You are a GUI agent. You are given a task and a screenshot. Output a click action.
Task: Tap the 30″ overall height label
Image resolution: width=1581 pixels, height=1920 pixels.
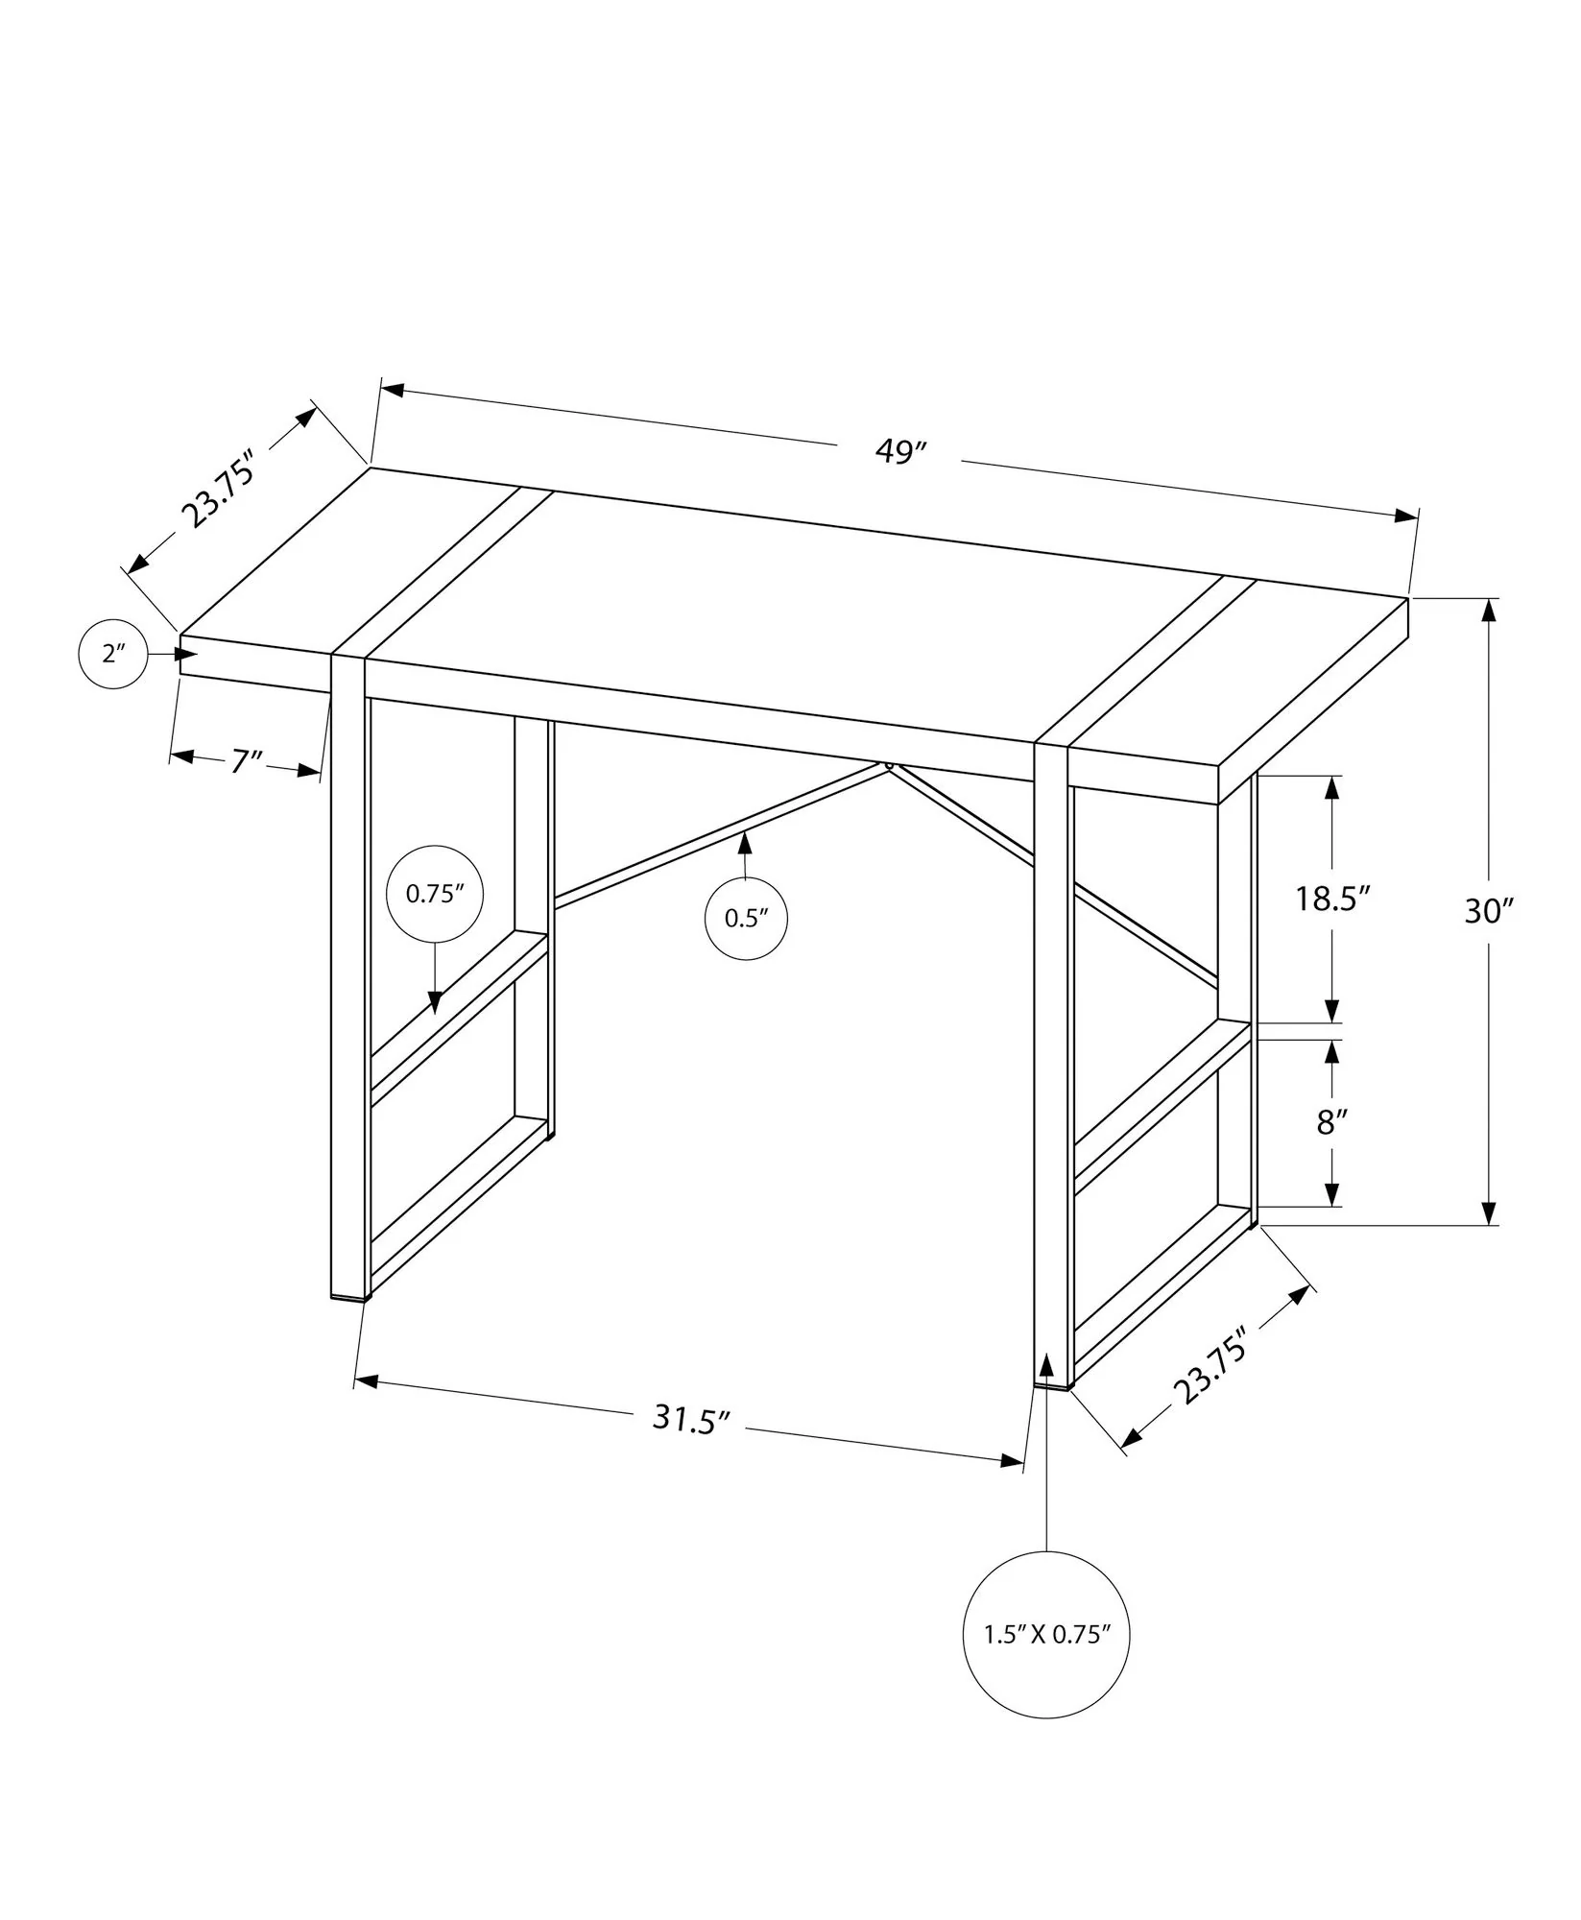click(x=1488, y=910)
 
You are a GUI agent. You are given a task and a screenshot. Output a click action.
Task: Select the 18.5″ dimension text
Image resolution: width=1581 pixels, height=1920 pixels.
click(x=1331, y=899)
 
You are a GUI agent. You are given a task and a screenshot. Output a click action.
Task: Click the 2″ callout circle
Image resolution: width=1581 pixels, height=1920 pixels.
click(x=113, y=654)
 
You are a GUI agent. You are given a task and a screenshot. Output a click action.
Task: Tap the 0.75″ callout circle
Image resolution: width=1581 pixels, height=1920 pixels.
click(x=434, y=894)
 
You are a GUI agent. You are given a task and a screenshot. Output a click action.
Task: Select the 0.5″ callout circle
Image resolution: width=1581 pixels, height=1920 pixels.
click(x=747, y=918)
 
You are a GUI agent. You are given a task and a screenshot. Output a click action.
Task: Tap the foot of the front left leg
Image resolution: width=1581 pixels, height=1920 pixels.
click(x=349, y=1294)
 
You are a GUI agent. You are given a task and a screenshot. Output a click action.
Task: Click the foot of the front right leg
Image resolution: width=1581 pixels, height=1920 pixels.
click(x=1052, y=1384)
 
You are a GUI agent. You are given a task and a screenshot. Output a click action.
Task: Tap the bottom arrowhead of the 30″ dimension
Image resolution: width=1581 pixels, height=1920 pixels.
click(x=1488, y=1213)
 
